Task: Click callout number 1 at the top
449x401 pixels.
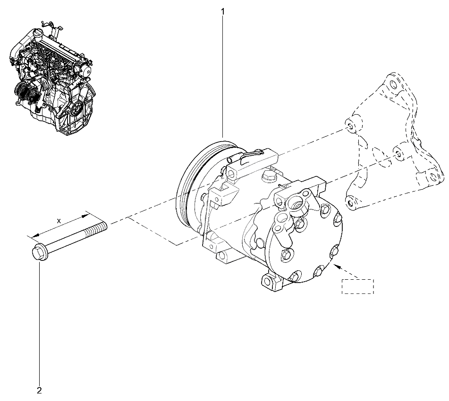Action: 223,12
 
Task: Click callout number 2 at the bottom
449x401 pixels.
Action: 39,390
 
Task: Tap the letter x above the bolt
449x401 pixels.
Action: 59,221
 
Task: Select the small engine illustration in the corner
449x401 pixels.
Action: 51,78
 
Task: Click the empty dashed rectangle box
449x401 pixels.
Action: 358,286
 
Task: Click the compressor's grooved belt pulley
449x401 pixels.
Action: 201,183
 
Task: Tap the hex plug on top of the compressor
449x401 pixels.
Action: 269,175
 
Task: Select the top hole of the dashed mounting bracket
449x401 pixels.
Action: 393,85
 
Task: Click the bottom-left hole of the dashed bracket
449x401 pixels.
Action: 350,203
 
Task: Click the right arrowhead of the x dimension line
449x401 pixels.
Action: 85,216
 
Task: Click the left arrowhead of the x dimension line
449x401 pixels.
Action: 34,235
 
